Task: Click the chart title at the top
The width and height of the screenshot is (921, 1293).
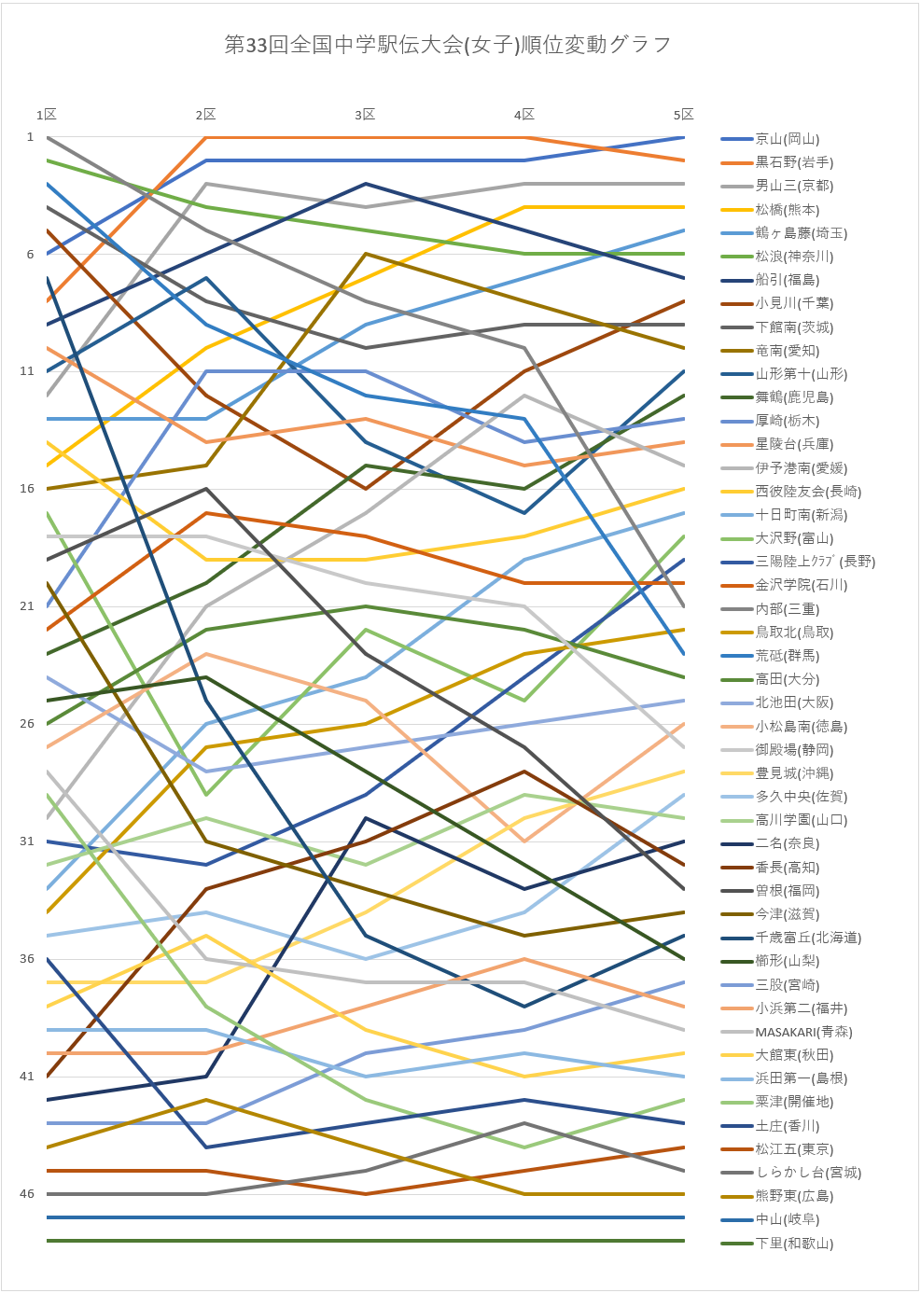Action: [448, 45]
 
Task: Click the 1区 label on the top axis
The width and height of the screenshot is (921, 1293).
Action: [47, 115]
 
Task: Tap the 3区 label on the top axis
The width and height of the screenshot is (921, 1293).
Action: [365, 115]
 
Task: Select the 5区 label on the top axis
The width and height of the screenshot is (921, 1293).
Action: [684, 115]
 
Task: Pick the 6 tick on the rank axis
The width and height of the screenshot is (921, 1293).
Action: [30, 255]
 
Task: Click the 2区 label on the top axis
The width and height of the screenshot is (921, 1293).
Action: [205, 115]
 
